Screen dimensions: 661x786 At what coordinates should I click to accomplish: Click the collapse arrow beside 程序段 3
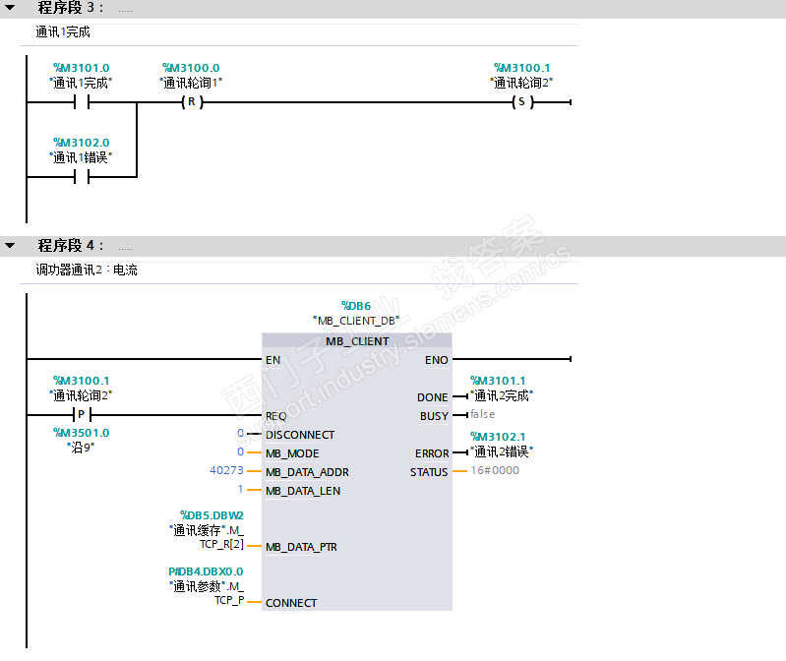10,8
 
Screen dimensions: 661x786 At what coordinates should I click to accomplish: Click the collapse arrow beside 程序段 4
10,245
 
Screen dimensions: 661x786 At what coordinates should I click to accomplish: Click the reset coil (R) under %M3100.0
191,102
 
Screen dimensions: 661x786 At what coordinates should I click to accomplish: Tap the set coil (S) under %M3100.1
521,102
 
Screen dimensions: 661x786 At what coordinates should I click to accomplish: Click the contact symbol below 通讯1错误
82,177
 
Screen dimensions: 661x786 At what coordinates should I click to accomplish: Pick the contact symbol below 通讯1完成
82,102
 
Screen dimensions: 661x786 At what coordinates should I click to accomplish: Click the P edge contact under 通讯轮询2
82,415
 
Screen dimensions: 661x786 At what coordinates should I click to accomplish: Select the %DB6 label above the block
355,306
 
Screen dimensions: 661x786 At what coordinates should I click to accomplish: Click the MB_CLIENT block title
357,341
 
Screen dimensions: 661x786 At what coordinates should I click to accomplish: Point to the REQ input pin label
276,416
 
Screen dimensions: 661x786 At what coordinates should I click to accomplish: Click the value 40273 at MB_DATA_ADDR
227,471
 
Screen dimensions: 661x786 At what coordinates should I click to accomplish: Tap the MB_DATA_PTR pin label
301,547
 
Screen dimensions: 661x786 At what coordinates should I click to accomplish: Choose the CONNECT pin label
291,603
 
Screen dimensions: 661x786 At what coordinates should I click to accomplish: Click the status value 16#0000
495,471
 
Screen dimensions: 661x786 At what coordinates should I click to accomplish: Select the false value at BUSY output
482,415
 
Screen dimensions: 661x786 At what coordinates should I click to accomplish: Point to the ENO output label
437,360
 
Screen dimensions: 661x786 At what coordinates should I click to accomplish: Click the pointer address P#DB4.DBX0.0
206,571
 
